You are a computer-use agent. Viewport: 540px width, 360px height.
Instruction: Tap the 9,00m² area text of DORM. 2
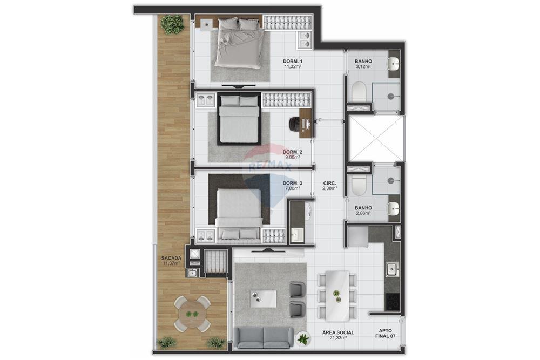pyautogui.click(x=292, y=158)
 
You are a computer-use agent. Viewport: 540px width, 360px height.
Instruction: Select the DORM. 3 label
pyautogui.click(x=292, y=183)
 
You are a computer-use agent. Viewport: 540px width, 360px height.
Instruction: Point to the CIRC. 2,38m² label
pyautogui.click(x=329, y=186)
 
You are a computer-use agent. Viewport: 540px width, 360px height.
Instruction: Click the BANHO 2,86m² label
pyautogui.click(x=363, y=210)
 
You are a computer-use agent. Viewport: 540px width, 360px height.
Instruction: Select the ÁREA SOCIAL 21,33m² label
pyautogui.click(x=338, y=335)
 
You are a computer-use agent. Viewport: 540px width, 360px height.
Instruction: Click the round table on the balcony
pyautogui.click(x=192, y=314)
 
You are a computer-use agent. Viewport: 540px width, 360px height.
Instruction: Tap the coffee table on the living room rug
pyautogui.click(x=263, y=298)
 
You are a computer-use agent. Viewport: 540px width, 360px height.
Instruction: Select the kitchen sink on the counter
pyautogui.click(x=392, y=269)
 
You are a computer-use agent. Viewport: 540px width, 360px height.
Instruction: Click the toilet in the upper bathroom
pyautogui.click(x=359, y=92)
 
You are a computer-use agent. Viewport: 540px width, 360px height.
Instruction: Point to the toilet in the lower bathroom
pyautogui.click(x=359, y=185)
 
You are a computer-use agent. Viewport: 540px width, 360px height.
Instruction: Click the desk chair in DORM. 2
pyautogui.click(x=294, y=124)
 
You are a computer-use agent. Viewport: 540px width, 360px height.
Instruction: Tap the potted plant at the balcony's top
pyautogui.click(x=172, y=24)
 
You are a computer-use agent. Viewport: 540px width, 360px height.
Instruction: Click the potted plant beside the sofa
pyautogui.click(x=303, y=339)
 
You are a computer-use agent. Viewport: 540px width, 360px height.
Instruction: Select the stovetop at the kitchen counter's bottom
pyautogui.click(x=393, y=301)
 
